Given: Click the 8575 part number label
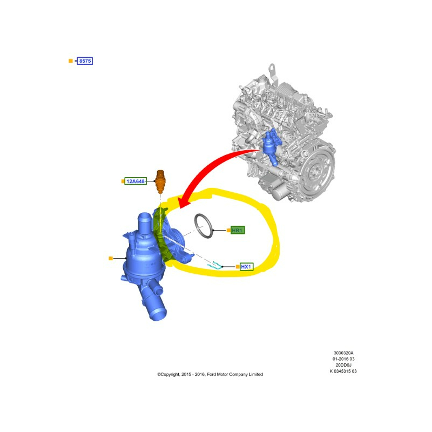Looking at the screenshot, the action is pyautogui.click(x=85, y=61).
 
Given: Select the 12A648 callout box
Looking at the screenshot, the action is pyautogui.click(x=136, y=181).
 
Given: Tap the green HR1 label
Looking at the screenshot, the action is pyautogui.click(x=237, y=230).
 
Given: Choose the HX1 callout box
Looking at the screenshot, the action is pyautogui.click(x=246, y=267).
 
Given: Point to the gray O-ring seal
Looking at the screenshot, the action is pyautogui.click(x=204, y=225).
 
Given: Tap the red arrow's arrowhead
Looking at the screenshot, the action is pyautogui.click(x=184, y=202).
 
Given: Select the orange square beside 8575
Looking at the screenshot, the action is pyautogui.click(x=71, y=61).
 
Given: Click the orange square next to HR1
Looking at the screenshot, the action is pyautogui.click(x=228, y=230).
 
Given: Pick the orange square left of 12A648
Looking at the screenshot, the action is pyautogui.click(x=123, y=181).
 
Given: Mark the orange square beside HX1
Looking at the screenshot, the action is pyautogui.click(x=238, y=267).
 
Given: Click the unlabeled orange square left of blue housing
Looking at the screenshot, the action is pyautogui.click(x=111, y=258).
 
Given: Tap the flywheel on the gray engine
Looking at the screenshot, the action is pyautogui.click(x=318, y=171).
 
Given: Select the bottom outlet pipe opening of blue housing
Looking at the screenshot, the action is pyautogui.click(x=158, y=314).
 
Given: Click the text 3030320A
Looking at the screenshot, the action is pyautogui.click(x=343, y=353).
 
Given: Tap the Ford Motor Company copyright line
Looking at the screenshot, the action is pyautogui.click(x=210, y=374).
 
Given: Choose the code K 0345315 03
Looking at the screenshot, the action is pyautogui.click(x=343, y=371).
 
